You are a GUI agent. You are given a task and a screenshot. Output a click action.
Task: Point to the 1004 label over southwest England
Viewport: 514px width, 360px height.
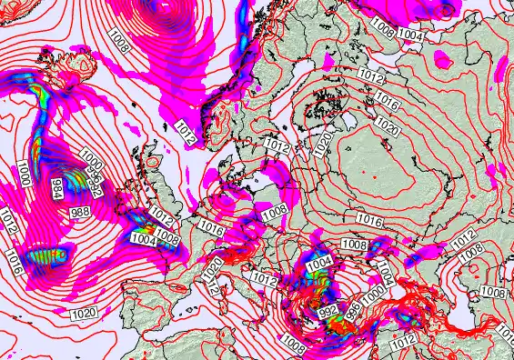click(144, 239)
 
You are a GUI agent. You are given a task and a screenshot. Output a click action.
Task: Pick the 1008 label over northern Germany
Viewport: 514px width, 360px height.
click(275, 210)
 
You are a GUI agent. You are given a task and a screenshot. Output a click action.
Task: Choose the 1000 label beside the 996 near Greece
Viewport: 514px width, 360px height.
click(373, 297)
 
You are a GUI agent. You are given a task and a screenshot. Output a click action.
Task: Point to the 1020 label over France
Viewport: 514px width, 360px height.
click(213, 268)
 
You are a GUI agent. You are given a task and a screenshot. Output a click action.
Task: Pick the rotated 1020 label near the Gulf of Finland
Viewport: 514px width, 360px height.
click(323, 142)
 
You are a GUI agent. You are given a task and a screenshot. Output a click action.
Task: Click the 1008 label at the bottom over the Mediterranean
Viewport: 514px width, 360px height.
click(294, 342)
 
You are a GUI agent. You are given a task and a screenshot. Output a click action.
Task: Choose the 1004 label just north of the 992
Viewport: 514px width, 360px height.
click(320, 263)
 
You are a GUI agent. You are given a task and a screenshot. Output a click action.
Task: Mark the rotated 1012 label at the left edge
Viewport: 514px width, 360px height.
click(9, 219)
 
